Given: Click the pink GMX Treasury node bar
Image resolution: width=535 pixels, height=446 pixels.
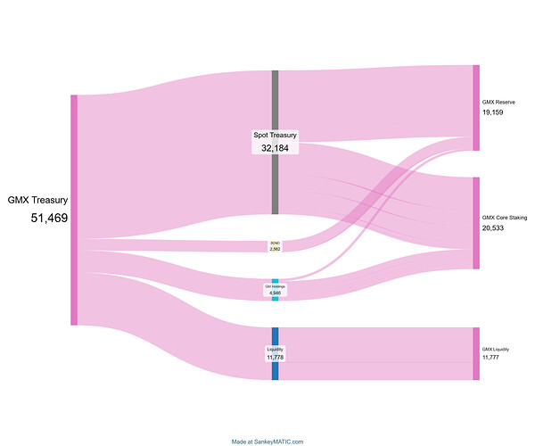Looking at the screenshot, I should pos(74,210).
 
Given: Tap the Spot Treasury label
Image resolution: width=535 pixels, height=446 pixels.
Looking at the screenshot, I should pos(275,136).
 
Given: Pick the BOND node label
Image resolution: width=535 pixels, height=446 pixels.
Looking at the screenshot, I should pos(275,243).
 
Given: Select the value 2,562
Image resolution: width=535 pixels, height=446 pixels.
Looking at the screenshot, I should pos(275,249).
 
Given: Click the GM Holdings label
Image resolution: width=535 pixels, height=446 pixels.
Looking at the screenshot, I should pos(275,285).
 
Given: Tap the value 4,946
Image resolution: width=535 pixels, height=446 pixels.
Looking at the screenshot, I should pos(275,292).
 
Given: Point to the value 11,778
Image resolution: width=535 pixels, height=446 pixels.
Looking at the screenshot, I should pos(275,357).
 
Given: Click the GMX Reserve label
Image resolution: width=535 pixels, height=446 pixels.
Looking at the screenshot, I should pos(498,103).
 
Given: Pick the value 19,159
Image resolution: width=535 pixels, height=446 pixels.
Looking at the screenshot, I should pos(493,113).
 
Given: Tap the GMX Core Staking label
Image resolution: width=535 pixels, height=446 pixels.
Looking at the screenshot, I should pos(503,217).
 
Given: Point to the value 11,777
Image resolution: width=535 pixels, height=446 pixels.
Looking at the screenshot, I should pos(491,357).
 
